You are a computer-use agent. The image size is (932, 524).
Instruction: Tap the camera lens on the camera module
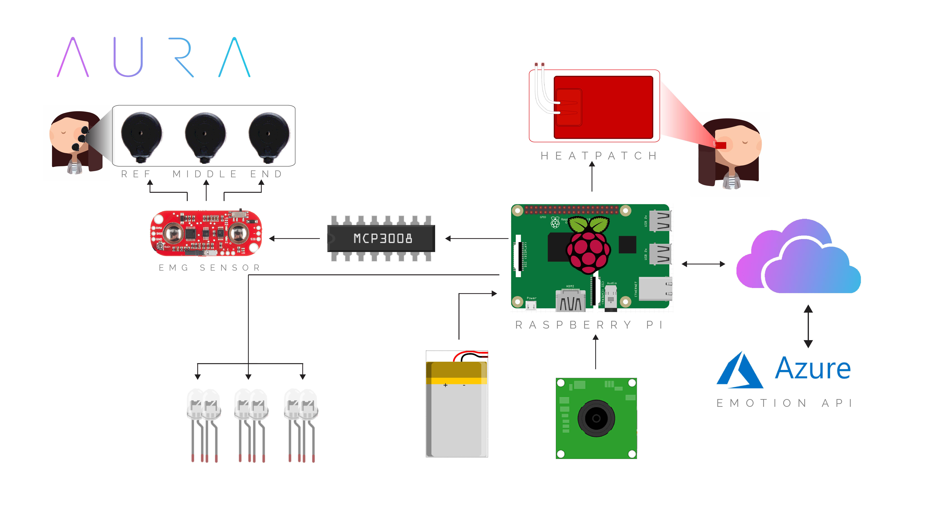(596, 418)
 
